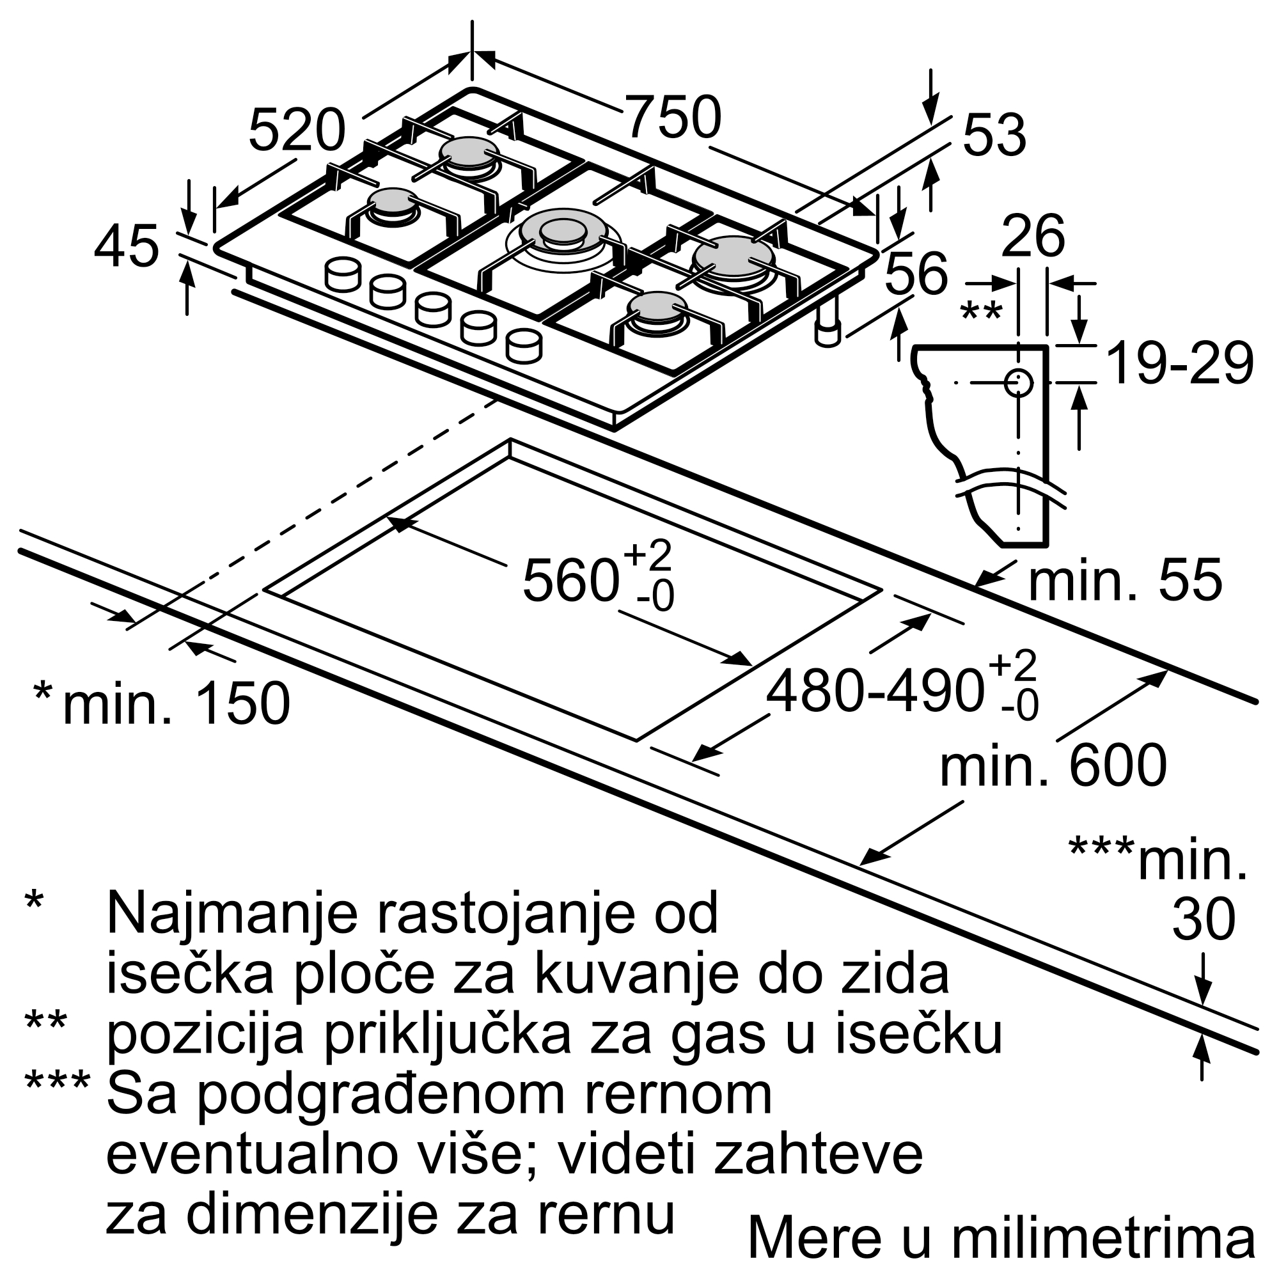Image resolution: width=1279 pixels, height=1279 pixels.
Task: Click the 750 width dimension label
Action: pyautogui.click(x=673, y=117)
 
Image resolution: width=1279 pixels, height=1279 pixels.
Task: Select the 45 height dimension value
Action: pyautogui.click(x=127, y=246)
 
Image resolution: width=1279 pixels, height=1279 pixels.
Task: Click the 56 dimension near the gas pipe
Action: pyautogui.click(x=916, y=273)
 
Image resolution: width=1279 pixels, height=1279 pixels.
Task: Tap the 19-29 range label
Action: pyautogui.click(x=1181, y=363)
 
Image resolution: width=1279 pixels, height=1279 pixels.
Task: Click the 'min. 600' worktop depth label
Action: pyautogui.click(x=1053, y=765)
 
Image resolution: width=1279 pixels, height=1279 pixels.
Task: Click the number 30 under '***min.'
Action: pyautogui.click(x=1204, y=920)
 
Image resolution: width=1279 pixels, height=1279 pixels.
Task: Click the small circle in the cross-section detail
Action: pyautogui.click(x=1018, y=382)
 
